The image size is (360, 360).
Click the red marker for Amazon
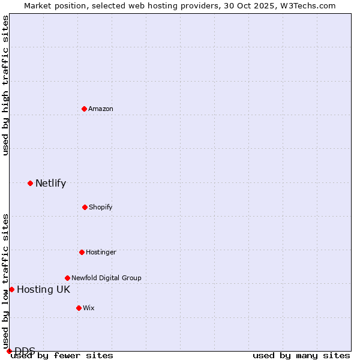(85, 109)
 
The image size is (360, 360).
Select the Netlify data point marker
(30, 183)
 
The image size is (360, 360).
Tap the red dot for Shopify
(85, 207)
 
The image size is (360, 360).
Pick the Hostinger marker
(82, 252)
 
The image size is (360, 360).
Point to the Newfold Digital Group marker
(67, 278)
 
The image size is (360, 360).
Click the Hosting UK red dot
(11, 289)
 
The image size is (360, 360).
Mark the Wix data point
(79, 308)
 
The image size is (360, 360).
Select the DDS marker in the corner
(9, 351)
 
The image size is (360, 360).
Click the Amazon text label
(101, 109)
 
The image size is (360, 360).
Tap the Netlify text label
(50, 184)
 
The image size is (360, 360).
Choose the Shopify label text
(101, 207)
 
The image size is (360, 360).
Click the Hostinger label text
(101, 252)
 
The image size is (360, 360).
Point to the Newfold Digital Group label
(106, 278)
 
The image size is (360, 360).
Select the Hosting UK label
(43, 290)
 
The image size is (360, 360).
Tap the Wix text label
(89, 308)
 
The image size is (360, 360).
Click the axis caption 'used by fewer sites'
(62, 356)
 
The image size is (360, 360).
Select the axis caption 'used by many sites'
(301, 356)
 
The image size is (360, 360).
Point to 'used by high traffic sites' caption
(5, 85)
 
